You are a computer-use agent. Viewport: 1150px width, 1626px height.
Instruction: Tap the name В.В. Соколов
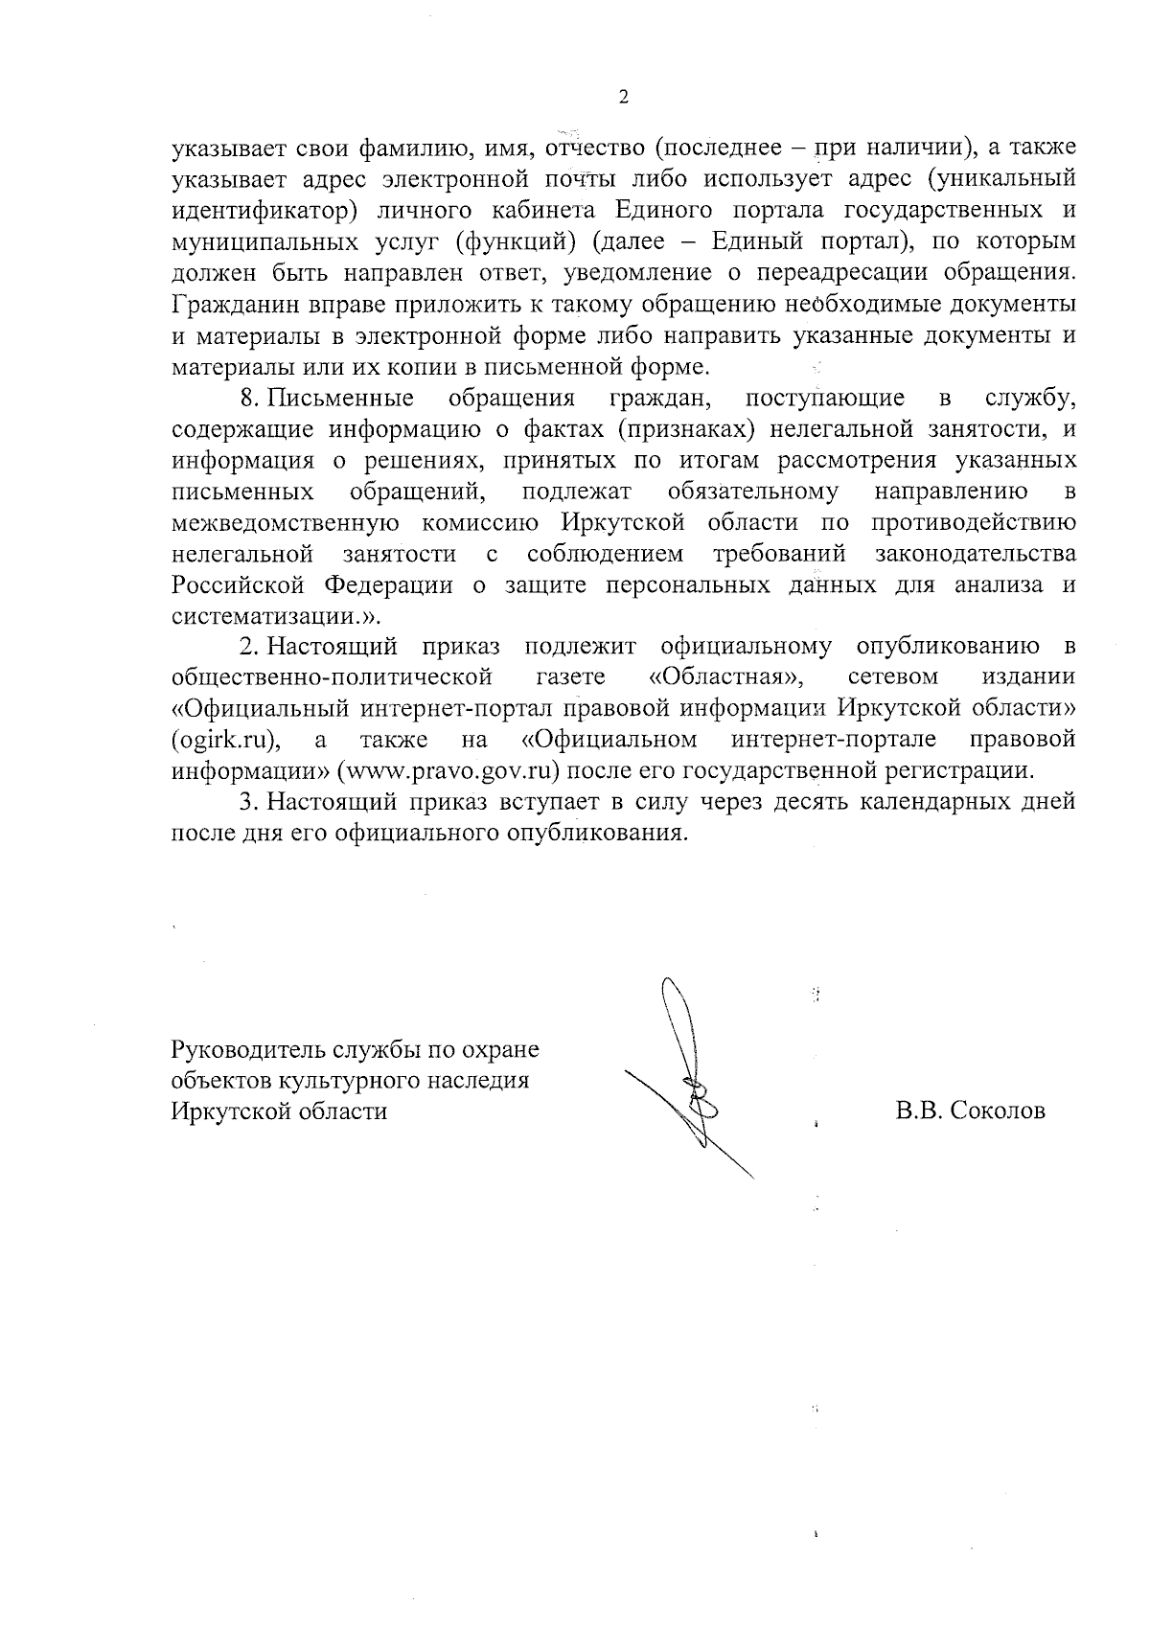click(x=970, y=1111)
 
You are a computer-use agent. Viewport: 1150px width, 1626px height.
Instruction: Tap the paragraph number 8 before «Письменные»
click(x=245, y=398)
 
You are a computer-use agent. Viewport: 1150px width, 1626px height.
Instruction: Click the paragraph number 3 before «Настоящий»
click(x=245, y=801)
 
